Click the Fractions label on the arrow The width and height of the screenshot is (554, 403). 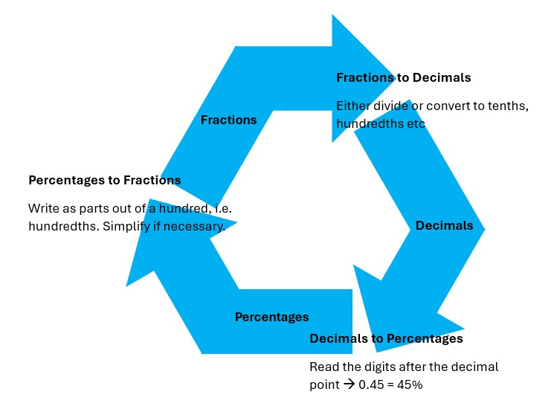tap(228, 120)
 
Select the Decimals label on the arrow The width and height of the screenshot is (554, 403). tap(444, 226)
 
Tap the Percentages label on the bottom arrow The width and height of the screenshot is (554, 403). tap(271, 317)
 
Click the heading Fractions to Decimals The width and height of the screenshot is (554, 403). tap(403, 77)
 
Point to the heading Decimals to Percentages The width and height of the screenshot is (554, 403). tap(386, 339)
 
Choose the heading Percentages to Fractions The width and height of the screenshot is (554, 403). tap(104, 180)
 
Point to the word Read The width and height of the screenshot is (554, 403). tap(323, 367)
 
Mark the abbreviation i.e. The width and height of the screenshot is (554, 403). tap(222, 208)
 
